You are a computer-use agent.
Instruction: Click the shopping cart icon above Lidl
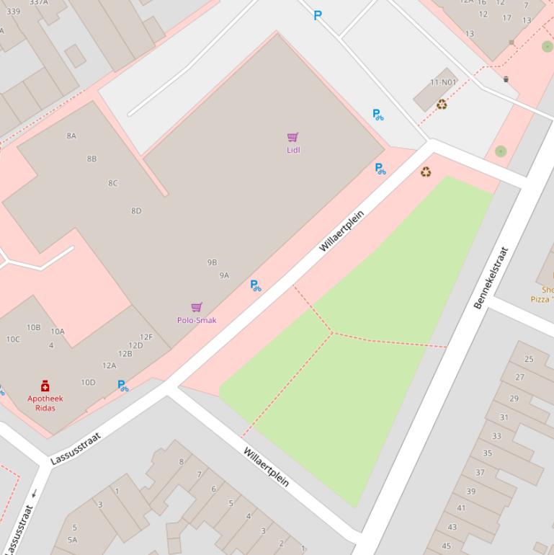tap(292, 137)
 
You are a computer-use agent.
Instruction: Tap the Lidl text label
tap(293, 150)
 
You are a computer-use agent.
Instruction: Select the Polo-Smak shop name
tap(197, 320)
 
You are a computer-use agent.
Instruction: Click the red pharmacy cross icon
tap(45, 386)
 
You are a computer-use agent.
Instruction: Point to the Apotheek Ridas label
tap(45, 403)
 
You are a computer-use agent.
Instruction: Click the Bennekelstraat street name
tap(491, 277)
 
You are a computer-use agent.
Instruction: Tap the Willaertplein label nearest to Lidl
tap(341, 231)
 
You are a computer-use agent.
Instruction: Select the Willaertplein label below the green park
tap(266, 466)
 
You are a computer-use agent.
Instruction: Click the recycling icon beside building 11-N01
tap(442, 105)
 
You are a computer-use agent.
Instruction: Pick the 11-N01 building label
tap(443, 82)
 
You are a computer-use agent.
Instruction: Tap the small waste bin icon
tap(506, 79)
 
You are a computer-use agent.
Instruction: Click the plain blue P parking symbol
tap(318, 15)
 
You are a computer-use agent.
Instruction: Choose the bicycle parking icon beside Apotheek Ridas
tap(122, 386)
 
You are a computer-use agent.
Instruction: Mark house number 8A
tap(71, 136)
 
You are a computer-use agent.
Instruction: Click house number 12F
tap(146, 337)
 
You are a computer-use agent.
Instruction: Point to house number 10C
tap(13, 339)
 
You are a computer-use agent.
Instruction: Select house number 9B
tap(212, 262)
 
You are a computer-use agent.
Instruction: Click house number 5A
tap(73, 539)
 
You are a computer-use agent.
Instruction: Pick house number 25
tap(530, 359)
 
